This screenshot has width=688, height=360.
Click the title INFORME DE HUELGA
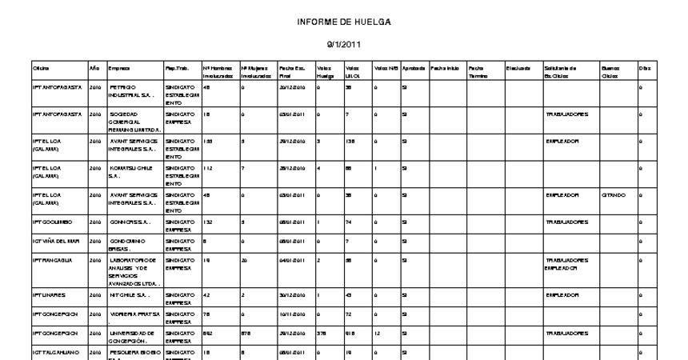pyautogui.click(x=343, y=22)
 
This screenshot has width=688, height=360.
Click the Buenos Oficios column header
pyautogui.click(x=610, y=72)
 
